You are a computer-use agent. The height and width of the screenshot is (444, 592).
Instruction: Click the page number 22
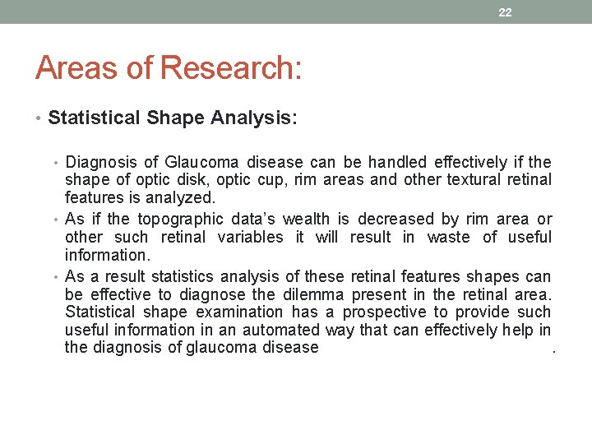click(x=505, y=12)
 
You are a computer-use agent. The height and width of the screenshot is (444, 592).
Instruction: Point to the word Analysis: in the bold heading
click(x=254, y=118)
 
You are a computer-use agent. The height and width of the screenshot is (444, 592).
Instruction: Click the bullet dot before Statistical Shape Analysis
click(x=40, y=118)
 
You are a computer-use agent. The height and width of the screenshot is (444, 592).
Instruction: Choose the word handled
click(x=397, y=162)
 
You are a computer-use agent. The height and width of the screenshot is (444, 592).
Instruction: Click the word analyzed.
click(x=180, y=197)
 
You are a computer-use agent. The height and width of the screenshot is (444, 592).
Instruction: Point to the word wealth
click(x=306, y=220)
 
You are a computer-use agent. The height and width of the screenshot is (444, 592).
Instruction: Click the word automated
click(x=280, y=330)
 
